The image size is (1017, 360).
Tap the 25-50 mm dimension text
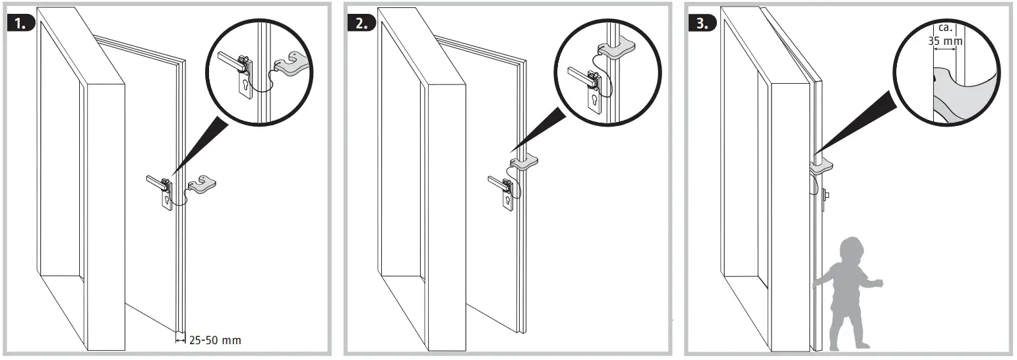coord(215,340)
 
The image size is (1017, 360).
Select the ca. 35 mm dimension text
coord(945,35)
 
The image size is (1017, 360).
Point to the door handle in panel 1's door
coord(156,180)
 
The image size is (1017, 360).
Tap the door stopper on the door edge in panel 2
coord(525,161)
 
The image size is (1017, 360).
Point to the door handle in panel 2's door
coord(498,181)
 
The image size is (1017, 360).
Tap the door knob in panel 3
coord(827,195)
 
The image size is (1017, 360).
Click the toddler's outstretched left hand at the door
coord(817,284)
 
